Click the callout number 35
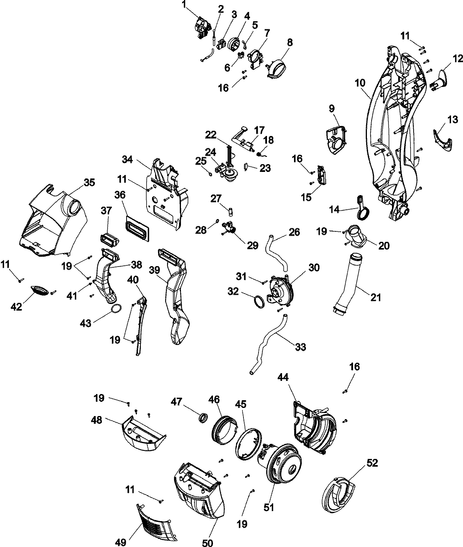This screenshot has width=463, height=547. (x=89, y=183)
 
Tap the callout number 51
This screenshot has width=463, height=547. (x=269, y=506)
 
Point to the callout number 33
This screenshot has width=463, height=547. (x=300, y=347)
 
